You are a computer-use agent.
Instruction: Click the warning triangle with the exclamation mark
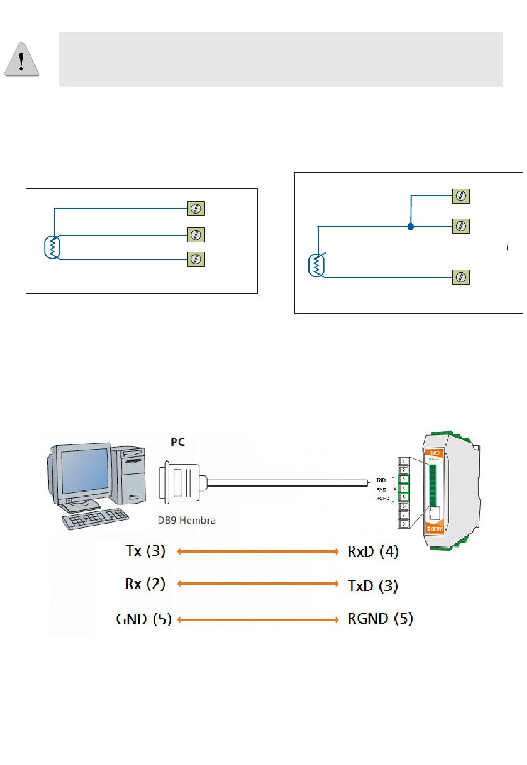point(22,60)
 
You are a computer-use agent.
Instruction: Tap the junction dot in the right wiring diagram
point(410,226)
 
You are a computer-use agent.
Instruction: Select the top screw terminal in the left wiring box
point(196,209)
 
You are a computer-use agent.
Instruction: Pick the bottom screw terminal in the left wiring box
point(196,259)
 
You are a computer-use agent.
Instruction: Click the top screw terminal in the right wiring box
point(461,196)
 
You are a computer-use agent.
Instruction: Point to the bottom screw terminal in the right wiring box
point(461,277)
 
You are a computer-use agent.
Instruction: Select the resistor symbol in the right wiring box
point(316,265)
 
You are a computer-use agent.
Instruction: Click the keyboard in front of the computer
point(95,519)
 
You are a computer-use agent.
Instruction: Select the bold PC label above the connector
point(178,442)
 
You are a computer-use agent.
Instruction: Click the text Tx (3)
point(145,551)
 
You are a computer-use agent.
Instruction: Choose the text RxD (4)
point(373,551)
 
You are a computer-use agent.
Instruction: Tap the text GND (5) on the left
point(144,619)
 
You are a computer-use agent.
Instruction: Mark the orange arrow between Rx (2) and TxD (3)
point(257,584)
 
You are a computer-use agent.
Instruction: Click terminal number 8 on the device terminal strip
point(404,524)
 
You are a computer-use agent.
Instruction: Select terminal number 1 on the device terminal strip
point(404,461)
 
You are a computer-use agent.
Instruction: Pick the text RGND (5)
point(380,619)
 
